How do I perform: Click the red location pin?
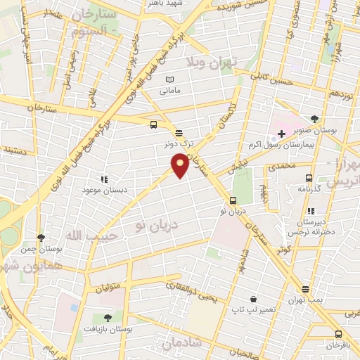(x=181, y=165)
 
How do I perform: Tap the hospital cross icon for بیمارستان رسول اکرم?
(x=282, y=134)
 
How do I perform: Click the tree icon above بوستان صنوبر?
(x=313, y=119)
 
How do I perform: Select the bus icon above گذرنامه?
(x=309, y=178)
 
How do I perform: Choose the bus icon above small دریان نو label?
(x=233, y=200)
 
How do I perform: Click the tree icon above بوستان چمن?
(x=41, y=237)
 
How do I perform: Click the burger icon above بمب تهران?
(x=305, y=289)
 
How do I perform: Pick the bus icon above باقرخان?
(x=338, y=334)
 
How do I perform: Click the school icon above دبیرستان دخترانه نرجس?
(x=311, y=210)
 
